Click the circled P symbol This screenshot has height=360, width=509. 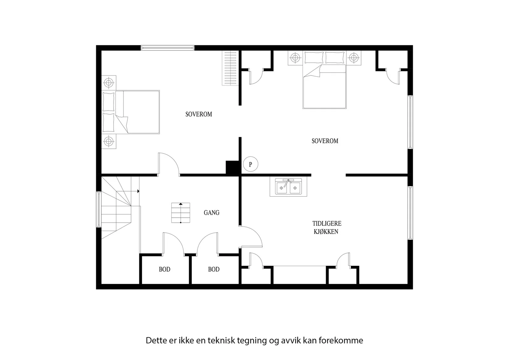tap(250, 164)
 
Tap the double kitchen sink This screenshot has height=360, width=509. tap(288, 187)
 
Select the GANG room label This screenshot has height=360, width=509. tap(211, 212)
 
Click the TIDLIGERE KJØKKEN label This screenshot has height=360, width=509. tap(326, 227)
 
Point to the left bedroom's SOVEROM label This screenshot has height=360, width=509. tap(199, 114)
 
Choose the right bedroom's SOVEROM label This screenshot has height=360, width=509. tap(325, 141)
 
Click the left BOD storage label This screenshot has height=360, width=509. tap(164, 269)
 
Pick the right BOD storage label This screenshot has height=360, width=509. tap(213, 269)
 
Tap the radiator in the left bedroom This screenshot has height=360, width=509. tap(230, 68)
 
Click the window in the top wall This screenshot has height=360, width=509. tap(167, 48)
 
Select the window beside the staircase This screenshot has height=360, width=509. tap(99, 209)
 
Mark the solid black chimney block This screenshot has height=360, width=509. tap(232, 168)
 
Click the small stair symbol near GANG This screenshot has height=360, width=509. tap(181, 212)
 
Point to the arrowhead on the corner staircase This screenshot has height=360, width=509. tap(138, 191)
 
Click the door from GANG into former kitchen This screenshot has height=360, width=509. tap(251, 236)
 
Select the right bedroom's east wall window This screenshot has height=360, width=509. tap(410, 122)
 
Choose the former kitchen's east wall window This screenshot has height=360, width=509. tap(410, 212)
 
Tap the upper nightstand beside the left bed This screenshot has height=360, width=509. tap(108, 83)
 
